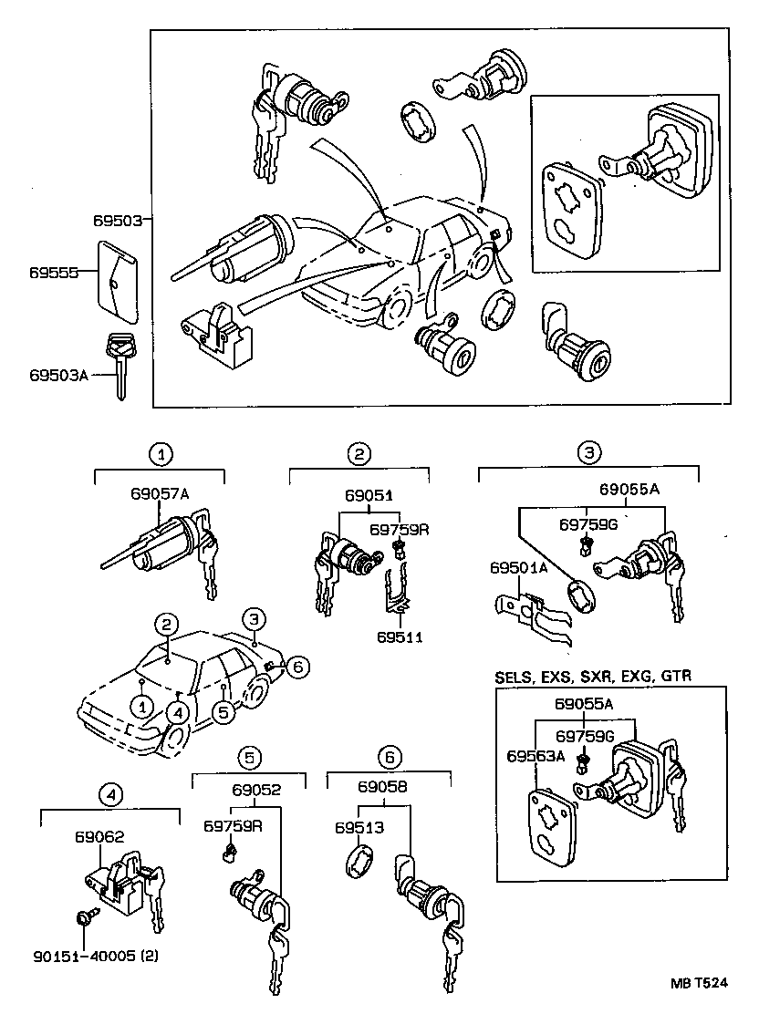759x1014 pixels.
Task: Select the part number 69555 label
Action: pyautogui.click(x=52, y=273)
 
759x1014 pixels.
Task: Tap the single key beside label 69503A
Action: pyautogui.click(x=119, y=365)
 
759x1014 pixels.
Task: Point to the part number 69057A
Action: pyautogui.click(x=159, y=493)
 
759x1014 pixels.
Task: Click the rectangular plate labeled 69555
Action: pyautogui.click(x=117, y=282)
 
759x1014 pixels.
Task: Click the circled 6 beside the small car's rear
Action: pyautogui.click(x=296, y=667)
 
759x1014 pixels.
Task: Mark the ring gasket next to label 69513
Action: pyautogui.click(x=359, y=862)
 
